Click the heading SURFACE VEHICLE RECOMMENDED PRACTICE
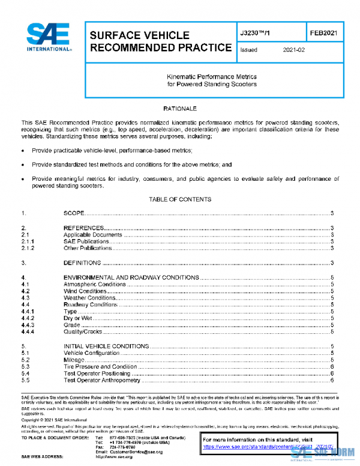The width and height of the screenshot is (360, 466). pyautogui.click(x=160, y=41)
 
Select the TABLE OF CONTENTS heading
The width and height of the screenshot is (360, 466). pyautogui.click(x=179, y=199)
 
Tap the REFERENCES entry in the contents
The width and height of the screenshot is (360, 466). pyautogui.click(x=84, y=228)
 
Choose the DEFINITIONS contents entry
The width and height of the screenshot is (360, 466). pyautogui.click(x=82, y=263)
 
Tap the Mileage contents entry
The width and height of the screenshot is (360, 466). pyautogui.click(x=74, y=360)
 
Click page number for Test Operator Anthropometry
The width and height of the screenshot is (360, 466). pyautogui.click(x=332, y=380)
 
